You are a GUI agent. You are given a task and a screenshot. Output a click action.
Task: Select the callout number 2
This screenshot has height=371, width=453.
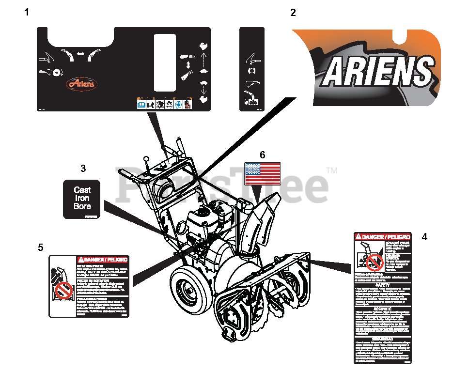[x=293, y=13]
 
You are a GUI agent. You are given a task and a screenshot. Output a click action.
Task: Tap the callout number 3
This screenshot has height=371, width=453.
[x=83, y=169]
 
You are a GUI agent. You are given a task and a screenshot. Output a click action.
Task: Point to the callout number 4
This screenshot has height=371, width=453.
[x=424, y=237]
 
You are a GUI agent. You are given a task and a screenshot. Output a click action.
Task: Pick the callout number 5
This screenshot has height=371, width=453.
[x=40, y=247]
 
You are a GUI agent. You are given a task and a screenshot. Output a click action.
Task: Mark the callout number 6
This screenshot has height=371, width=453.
[x=262, y=155]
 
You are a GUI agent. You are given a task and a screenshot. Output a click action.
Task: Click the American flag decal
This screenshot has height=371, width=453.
[x=263, y=173]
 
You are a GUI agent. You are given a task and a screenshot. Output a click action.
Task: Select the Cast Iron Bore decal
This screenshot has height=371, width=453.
[x=82, y=199]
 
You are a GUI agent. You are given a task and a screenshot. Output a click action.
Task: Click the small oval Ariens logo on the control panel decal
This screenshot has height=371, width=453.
[x=81, y=84]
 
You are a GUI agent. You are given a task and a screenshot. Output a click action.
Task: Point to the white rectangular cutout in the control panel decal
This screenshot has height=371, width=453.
[x=164, y=62]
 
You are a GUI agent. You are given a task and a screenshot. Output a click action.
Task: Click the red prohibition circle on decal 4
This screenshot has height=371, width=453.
[x=374, y=263]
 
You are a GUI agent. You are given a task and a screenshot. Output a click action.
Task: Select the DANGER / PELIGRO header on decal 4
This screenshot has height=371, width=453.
[x=383, y=236]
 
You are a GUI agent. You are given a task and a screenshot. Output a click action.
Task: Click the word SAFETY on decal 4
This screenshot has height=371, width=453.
[x=383, y=285]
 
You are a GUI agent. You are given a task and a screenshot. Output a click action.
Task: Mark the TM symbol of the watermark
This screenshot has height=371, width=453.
[x=332, y=170]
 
